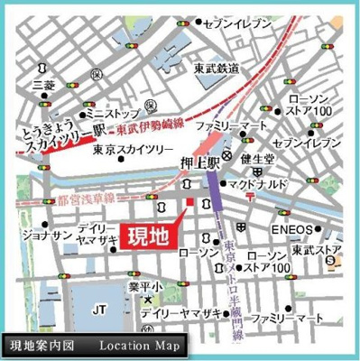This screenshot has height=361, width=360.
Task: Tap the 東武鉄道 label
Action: tap(217, 68)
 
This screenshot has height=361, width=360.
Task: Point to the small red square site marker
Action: tap(189, 200)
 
